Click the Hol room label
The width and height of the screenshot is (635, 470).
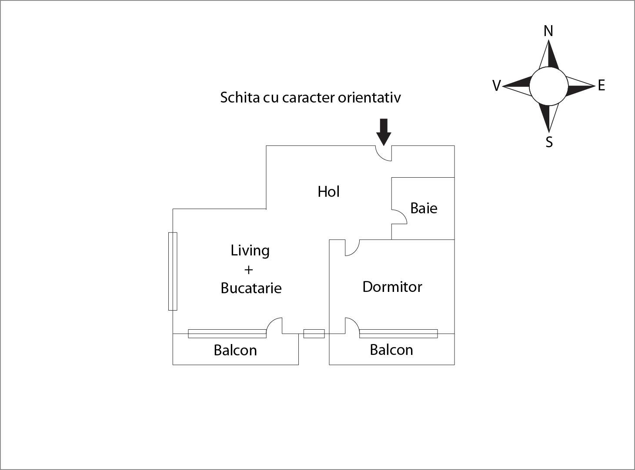[328, 192]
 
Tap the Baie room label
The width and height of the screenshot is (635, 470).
[424, 208]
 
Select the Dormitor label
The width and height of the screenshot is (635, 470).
[392, 287]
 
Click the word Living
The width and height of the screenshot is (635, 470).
[250, 251]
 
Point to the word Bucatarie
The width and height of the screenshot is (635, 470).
[251, 288]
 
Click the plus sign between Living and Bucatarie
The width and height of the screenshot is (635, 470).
[248, 270]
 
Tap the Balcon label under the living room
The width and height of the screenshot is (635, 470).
[235, 350]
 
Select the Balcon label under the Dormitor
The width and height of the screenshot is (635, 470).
[391, 350]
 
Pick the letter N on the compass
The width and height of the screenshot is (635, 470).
[548, 31]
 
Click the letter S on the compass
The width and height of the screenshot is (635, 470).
[549, 142]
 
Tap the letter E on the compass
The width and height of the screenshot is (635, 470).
[602, 85]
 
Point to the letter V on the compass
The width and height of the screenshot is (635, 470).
[496, 86]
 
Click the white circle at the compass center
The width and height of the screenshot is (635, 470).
[548, 86]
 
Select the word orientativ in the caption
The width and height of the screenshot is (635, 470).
[369, 97]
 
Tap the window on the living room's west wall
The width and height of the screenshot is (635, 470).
[173, 271]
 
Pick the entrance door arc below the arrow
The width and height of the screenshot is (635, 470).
[383, 154]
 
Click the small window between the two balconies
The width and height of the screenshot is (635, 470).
[314, 334]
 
